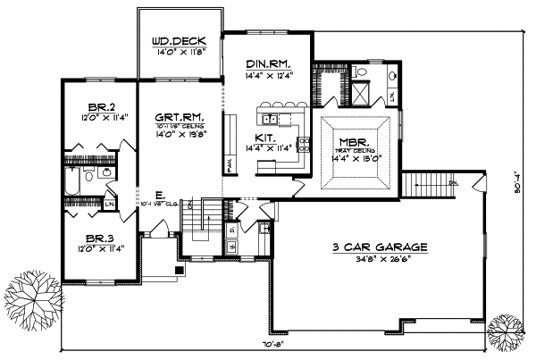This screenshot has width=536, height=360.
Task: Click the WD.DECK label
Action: point(180,40)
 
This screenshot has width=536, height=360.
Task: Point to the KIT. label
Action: point(265,137)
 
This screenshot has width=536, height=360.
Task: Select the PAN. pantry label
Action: point(230,166)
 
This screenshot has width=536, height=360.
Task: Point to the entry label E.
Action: point(157,193)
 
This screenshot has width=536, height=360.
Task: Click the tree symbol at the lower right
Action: point(511,334)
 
